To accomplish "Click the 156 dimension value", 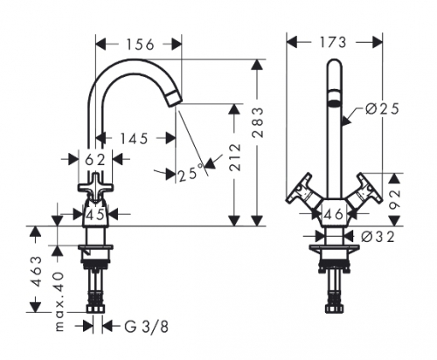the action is pos(140,45).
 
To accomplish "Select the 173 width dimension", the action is pos(333,43).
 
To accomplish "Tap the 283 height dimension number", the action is pos(258,122).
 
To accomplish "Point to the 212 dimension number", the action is pos(235,157).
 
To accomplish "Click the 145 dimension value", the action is pos(135,139).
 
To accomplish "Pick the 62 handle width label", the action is pos(95,160).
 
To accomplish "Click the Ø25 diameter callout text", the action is pos(382,109).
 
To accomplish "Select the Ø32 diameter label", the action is pos(378,237).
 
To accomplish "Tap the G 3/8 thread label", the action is pos(147,327).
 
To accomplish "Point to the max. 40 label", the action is pos(59,301).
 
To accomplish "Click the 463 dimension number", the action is pos(37,272).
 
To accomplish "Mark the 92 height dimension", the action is pos(395,200).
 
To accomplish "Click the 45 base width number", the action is pos(95,215).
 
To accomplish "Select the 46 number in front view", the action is pos(334,215).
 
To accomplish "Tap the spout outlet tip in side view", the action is pos(175,99).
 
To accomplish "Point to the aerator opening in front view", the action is pos(334,103).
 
